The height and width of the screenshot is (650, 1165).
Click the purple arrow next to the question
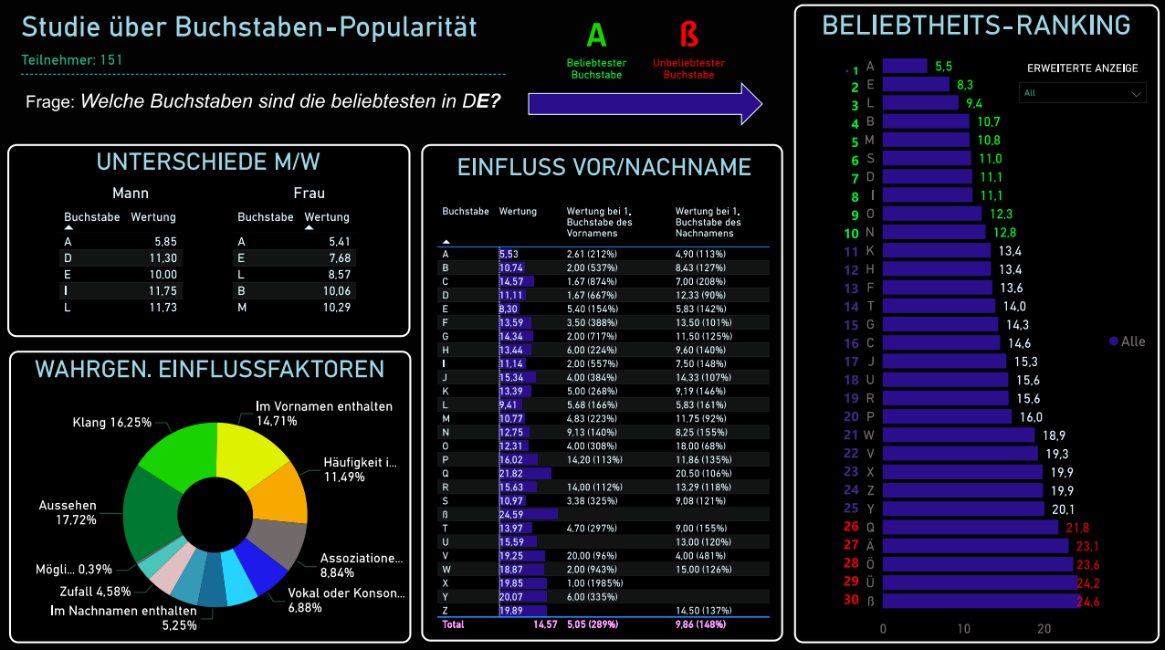coord(644,102)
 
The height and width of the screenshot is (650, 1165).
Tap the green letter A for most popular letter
coord(596,36)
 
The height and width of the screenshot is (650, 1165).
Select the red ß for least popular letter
coord(688,36)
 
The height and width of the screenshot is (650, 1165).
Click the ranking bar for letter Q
coord(971,528)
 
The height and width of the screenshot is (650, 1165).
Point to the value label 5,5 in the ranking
coord(943,66)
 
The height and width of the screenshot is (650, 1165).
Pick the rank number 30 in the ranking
coord(851,600)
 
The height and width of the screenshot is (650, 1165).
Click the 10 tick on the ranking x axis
coord(964,629)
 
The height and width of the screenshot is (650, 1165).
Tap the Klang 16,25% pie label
coord(112,423)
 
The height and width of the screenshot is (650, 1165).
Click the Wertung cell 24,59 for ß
coord(512,515)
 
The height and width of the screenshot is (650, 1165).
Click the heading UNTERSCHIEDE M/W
coord(208,162)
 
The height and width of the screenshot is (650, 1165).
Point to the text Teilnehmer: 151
coord(72,60)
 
